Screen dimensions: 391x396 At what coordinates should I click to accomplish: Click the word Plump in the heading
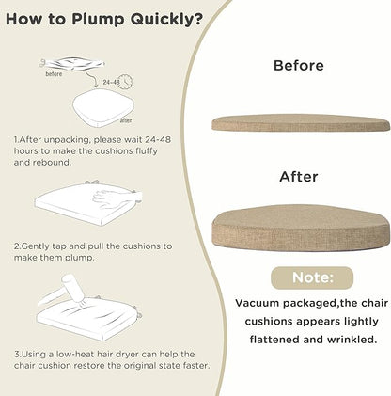98,20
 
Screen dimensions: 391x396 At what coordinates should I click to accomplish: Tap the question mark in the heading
198,19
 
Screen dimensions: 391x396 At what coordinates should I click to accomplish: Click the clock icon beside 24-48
126,82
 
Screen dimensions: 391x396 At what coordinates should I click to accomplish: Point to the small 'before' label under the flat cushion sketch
54,74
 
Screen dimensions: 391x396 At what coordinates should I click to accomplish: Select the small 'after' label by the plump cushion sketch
126,120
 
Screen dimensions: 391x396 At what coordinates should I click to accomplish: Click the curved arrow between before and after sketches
91,78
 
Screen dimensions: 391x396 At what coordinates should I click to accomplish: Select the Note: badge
312,277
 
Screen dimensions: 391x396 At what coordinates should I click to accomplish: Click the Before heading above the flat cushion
299,66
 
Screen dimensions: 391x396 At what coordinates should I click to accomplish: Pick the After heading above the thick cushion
299,177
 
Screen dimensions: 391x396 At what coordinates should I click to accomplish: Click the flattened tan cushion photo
301,123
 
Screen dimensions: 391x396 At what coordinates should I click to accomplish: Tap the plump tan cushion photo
301,228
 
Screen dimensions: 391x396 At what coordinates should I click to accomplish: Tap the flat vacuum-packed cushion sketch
72,63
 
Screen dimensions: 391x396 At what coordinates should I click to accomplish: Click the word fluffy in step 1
147,151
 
